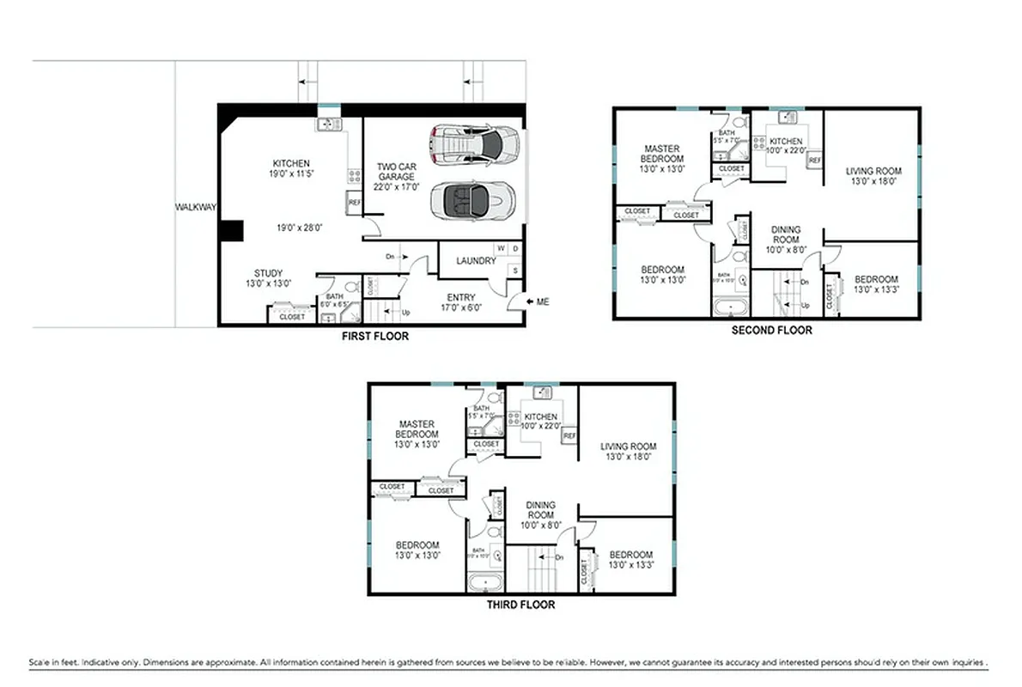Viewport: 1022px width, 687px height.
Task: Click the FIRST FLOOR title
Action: click(375, 337)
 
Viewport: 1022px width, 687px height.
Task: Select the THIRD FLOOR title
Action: click(520, 605)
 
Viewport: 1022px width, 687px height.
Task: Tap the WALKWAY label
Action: click(196, 207)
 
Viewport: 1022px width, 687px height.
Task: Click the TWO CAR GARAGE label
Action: click(396, 176)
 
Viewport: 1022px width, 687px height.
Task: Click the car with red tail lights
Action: click(476, 144)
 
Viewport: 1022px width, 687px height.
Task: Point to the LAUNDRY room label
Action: click(476, 261)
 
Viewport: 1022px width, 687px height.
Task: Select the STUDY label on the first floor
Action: click(268, 274)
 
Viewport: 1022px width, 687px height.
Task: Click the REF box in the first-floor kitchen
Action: click(354, 204)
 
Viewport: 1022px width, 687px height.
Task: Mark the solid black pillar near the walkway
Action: click(231, 231)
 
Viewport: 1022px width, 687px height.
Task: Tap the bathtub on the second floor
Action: click(731, 306)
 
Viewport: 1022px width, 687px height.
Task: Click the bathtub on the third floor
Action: click(486, 582)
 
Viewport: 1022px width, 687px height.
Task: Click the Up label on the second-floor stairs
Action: click(805, 305)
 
